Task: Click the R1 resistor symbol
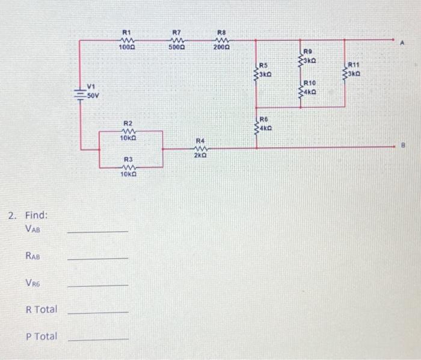(126, 40)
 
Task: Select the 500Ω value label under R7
(176, 47)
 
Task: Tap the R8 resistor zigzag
(221, 40)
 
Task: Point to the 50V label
(93, 96)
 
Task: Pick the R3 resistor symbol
(127, 167)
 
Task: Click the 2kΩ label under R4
(200, 155)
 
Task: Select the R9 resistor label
(308, 52)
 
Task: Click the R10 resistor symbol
(301, 91)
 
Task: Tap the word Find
(37, 215)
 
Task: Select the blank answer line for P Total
(97, 340)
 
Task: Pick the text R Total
(41, 309)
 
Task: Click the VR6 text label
(34, 283)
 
